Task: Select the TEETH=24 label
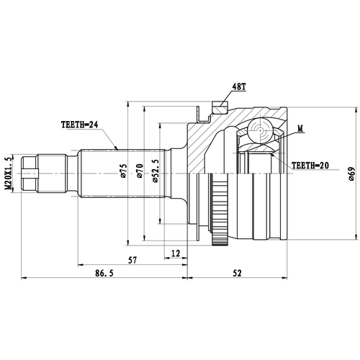[x=81, y=124]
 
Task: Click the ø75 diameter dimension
[x=123, y=171]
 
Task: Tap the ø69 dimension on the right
[x=351, y=172]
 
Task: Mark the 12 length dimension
[x=176, y=252]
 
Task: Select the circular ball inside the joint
[x=259, y=131]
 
